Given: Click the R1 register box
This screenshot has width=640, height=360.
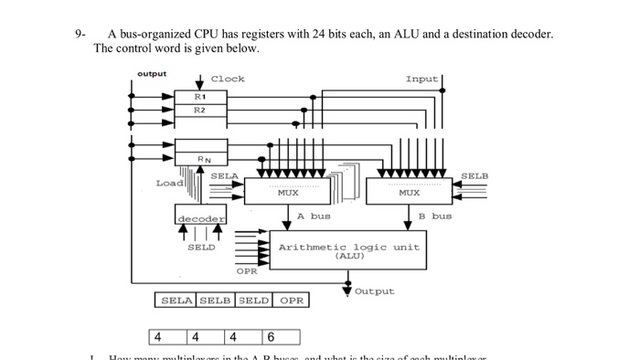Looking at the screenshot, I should point(199,96).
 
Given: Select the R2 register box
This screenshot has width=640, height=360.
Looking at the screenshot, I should point(199,110).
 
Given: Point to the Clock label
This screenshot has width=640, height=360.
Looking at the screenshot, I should point(228,79).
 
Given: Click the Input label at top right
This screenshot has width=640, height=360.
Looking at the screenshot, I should point(421,79).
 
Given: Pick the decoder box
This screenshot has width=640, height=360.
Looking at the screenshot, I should point(200,218).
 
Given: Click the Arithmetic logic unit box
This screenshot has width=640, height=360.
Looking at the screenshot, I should point(348,249).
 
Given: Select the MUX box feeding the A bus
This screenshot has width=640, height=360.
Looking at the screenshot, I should point(287,192).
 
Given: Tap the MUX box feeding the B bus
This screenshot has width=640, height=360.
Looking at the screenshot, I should point(409,192).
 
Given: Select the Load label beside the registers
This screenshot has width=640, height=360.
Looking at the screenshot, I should point(168,183).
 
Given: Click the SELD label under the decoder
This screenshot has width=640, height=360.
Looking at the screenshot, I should point(201,248).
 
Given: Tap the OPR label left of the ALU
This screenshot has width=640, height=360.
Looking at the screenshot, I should point(247,271).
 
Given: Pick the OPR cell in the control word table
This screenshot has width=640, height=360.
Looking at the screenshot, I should point(292,300).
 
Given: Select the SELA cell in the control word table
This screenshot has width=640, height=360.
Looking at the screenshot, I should point(176,300).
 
